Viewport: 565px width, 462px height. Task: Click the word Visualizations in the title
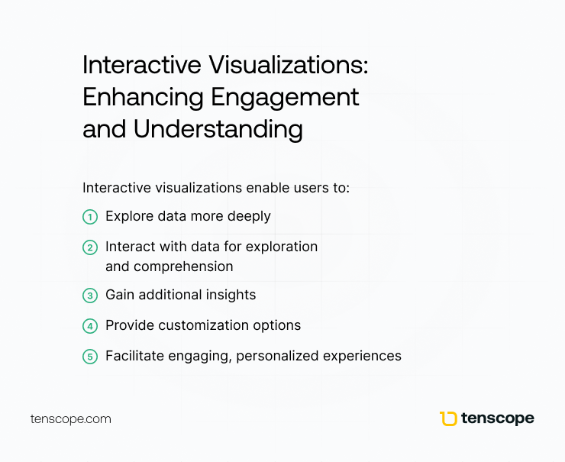[289, 65]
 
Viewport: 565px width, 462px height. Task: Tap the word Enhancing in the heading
[143, 98]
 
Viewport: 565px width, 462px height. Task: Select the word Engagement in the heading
[285, 98]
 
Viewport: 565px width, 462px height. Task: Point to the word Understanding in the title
[218, 129]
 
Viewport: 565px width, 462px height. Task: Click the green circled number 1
[90, 217]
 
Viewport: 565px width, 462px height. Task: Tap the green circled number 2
[90, 247]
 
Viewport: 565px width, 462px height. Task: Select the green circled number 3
[90, 296]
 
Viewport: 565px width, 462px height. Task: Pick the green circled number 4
[90, 326]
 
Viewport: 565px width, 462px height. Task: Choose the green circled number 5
[90, 357]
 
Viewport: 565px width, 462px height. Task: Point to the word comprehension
[183, 267]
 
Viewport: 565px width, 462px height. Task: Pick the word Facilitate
[135, 356]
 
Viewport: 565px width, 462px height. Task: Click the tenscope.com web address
[70, 419]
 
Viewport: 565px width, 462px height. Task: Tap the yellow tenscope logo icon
[448, 418]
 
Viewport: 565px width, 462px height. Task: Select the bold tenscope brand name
[498, 418]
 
